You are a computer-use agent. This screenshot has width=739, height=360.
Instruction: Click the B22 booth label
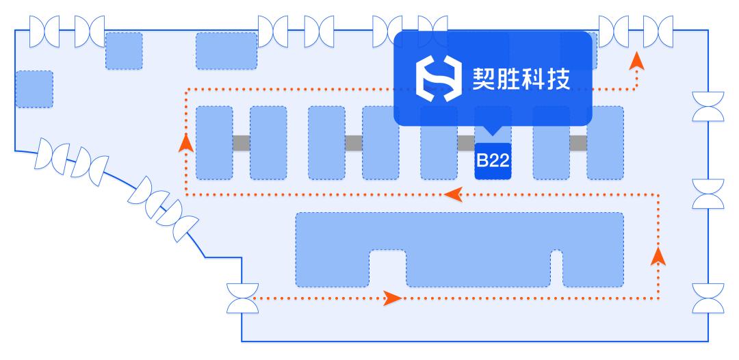[493, 161]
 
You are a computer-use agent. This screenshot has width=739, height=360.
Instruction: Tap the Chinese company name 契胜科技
[521, 79]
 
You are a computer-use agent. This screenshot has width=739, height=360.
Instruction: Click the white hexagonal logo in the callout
[439, 79]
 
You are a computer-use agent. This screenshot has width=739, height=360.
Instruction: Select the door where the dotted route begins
[243, 298]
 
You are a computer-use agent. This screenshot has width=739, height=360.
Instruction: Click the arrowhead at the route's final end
[637, 61]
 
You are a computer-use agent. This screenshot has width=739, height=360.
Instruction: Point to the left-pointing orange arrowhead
[453, 194]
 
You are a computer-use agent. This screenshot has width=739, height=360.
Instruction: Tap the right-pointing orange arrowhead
[392, 298]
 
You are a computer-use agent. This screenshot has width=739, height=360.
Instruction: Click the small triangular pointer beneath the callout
[493, 131]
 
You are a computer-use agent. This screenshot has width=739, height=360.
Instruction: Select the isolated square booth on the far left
[34, 89]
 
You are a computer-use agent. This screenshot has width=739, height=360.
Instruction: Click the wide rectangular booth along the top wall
[226, 51]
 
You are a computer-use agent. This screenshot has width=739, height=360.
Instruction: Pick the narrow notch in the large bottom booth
[556, 268]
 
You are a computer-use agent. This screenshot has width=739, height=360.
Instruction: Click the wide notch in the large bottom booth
[388, 268]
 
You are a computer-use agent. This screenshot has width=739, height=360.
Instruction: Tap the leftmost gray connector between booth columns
[242, 143]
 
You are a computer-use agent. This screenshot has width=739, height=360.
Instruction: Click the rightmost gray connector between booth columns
[578, 143]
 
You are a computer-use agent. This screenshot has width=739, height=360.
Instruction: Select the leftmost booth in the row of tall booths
[214, 143]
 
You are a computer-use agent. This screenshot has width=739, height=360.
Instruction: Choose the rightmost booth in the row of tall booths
[605, 143]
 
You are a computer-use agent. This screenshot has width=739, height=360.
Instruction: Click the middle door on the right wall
[708, 194]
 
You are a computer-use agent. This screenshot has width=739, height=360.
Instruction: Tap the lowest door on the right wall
[708, 298]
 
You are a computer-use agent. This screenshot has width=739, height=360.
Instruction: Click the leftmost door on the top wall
[44, 31]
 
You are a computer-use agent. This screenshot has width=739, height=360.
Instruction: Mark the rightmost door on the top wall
[658, 31]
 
